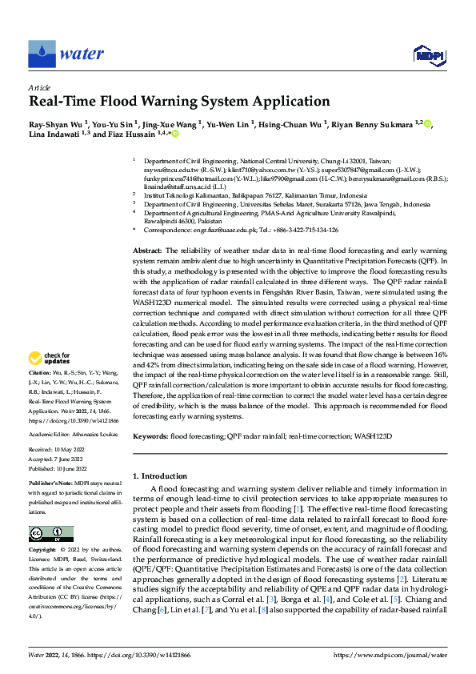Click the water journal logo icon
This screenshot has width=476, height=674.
point(42,54)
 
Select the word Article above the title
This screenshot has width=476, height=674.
point(39,87)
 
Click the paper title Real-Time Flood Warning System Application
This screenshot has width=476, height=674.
point(178,102)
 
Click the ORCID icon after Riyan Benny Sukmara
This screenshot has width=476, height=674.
point(427,124)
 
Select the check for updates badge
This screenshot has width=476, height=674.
point(52,358)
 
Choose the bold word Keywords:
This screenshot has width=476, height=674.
point(150,436)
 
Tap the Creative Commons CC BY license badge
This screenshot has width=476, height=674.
point(50,534)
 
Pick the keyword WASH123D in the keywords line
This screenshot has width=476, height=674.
point(372,436)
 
